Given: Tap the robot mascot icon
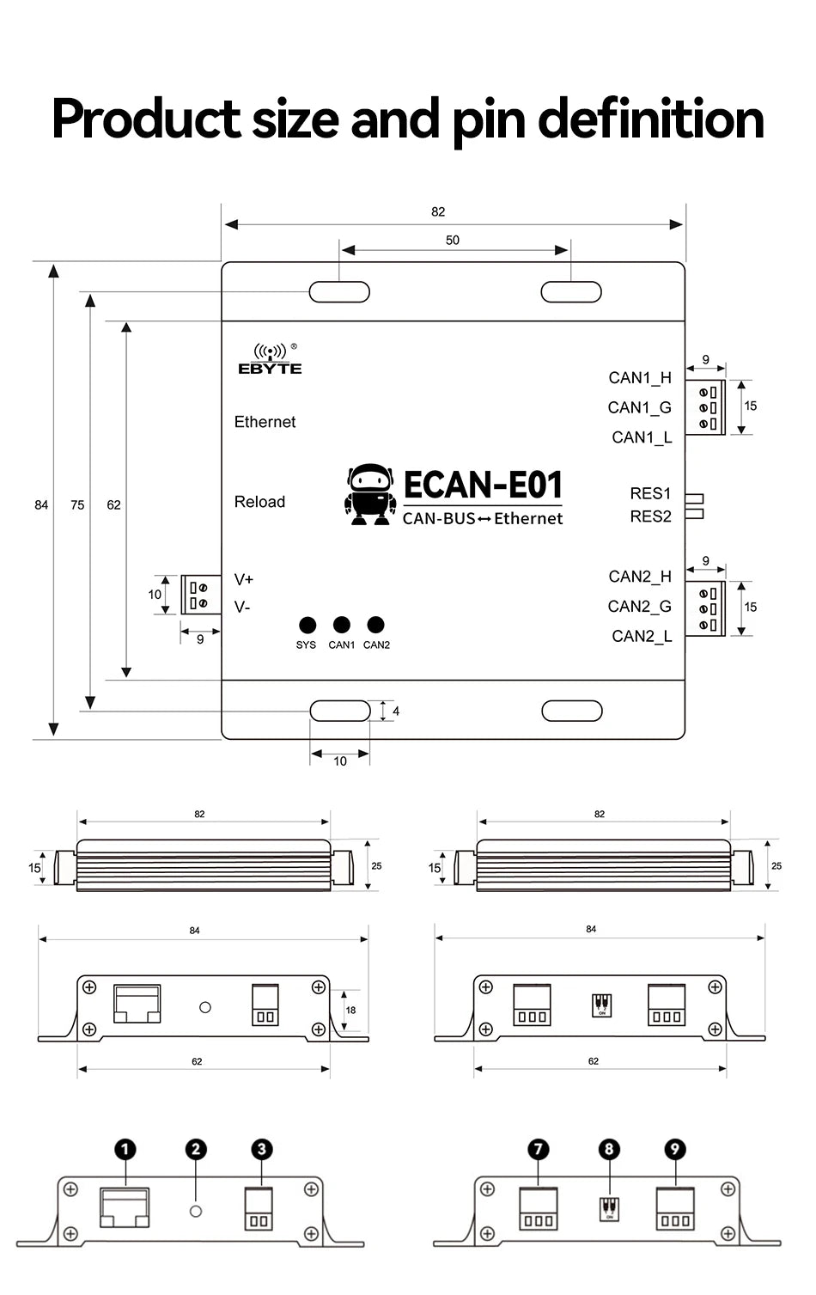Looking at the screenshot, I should (370, 496).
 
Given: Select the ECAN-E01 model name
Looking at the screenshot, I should (483, 486).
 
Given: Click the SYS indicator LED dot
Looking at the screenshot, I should (308, 626).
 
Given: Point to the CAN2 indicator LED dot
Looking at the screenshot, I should (375, 625).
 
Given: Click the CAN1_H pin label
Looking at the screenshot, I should (640, 378).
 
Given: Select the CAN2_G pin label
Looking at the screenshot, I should (639, 607).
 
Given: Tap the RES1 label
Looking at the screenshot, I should (650, 493).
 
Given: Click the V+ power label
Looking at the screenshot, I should (244, 580).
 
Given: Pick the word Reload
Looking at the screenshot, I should (259, 502).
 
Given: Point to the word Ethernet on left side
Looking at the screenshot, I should (265, 422).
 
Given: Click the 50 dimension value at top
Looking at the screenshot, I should (453, 241).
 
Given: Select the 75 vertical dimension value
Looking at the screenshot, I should (77, 505).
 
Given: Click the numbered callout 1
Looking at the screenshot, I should (125, 1150).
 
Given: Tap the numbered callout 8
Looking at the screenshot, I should (609, 1150).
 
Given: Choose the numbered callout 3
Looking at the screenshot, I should (262, 1150).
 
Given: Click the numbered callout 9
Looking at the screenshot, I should (675, 1150).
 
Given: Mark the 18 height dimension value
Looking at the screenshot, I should (350, 1011).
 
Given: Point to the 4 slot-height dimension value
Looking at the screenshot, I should (396, 712).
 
